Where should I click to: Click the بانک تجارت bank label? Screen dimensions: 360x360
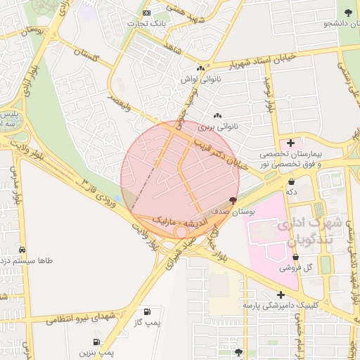(x=145, y=23)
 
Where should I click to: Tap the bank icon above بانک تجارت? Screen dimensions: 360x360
(x=146, y=13)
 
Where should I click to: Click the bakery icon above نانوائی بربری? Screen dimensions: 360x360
(x=217, y=116)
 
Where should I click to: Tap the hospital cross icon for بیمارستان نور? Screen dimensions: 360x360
(x=290, y=143)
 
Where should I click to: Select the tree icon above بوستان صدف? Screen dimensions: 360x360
(x=233, y=200)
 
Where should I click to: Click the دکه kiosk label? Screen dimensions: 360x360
(x=291, y=191)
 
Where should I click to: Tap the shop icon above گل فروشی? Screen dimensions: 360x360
(x=295, y=257)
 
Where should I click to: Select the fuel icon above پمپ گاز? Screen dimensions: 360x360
(x=146, y=311)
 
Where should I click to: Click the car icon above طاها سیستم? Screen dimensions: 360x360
(x=22, y=250)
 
